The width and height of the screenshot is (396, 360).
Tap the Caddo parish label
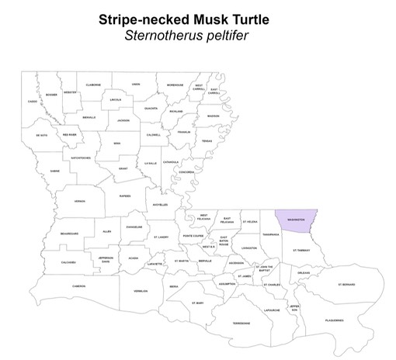[x=32, y=102]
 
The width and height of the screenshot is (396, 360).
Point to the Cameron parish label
[x=78, y=286]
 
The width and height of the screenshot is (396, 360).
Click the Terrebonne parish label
[x=241, y=323]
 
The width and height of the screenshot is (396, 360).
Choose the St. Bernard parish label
[x=346, y=285]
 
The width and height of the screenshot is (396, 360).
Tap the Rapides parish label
[x=124, y=196]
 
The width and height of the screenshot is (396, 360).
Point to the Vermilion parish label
[x=141, y=292]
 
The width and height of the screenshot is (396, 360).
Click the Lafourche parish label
[x=272, y=310]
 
